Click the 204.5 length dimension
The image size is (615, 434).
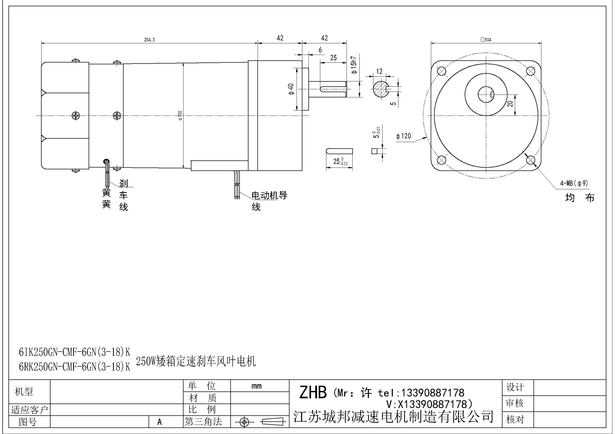click(149, 40)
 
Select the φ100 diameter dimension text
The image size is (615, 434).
click(180, 115)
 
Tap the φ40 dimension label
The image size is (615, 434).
click(291, 89)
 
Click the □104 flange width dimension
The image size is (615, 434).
click(486, 40)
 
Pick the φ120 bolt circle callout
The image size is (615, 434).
click(403, 136)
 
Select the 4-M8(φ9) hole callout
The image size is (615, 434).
click(574, 183)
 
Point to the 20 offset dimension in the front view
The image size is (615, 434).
click(510, 103)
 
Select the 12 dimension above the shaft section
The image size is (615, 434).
click(379, 71)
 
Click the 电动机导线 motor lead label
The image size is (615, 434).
click(269, 196)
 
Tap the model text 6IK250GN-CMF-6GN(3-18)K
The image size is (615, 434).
click(74, 352)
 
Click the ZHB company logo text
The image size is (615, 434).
click(313, 393)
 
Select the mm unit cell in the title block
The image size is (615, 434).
click(257, 386)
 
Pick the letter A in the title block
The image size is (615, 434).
click(160, 422)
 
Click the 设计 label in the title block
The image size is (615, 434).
click(515, 387)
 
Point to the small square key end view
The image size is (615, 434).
click(374, 151)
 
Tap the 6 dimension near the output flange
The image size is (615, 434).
click(320, 50)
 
